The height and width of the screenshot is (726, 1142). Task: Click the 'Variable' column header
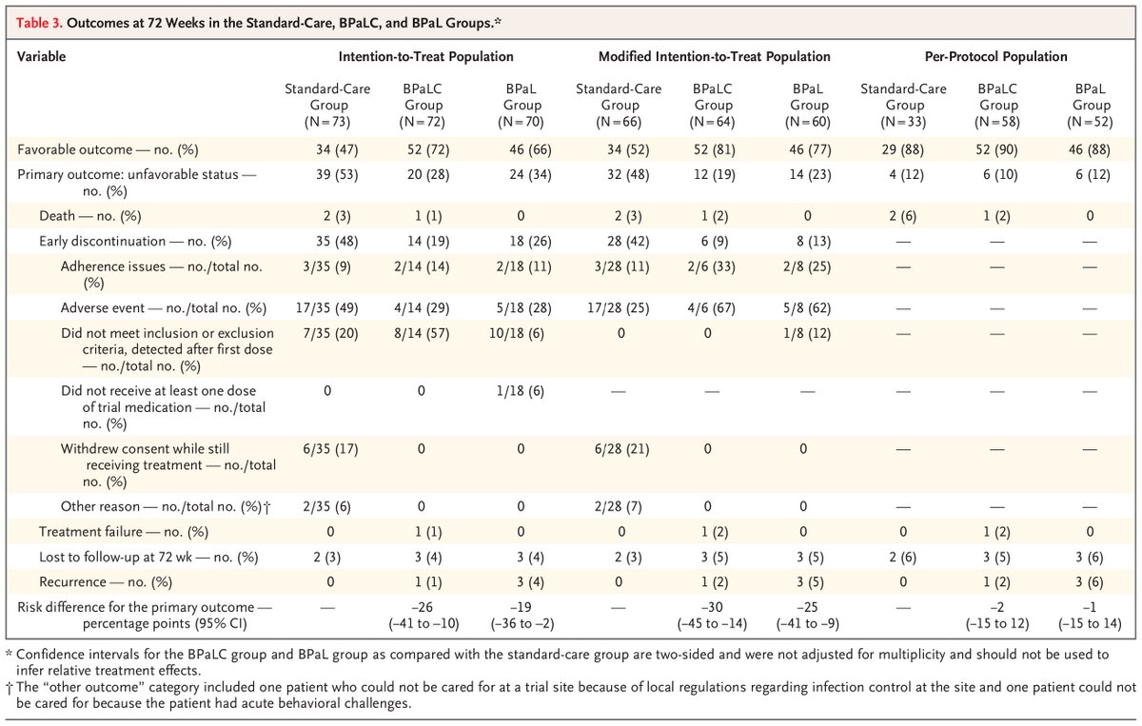coord(42,56)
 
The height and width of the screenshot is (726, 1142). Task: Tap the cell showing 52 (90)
coord(998,149)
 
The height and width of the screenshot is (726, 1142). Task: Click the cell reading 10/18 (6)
coord(522,333)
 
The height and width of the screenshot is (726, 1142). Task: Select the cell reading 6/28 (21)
coord(618,448)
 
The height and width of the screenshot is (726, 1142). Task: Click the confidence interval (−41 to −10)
coord(426,624)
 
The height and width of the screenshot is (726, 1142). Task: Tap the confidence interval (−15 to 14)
coord(1092,624)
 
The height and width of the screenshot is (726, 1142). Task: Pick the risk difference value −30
coord(712,607)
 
